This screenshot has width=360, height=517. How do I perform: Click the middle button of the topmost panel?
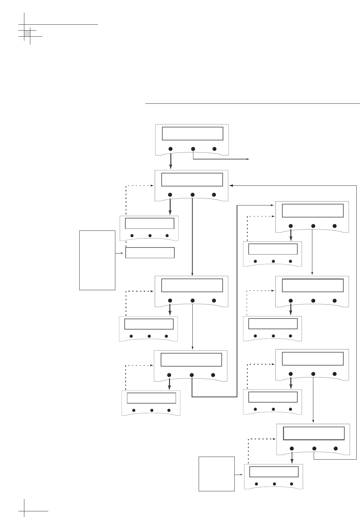[193, 149]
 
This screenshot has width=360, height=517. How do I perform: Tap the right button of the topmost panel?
[214, 149]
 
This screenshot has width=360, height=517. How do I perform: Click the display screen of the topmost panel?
[192, 133]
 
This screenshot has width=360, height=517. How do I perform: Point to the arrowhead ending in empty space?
[248, 159]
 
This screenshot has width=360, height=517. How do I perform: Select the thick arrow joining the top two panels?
[170, 162]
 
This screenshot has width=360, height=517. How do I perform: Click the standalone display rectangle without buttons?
[150, 253]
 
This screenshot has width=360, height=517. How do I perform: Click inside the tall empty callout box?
[97, 260]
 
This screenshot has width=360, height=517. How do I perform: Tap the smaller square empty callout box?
[217, 474]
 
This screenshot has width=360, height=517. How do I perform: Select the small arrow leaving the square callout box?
[239, 474]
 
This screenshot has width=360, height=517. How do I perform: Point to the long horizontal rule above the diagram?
[252, 104]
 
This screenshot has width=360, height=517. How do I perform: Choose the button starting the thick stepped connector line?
[192, 375]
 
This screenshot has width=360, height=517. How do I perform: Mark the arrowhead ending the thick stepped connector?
[272, 206]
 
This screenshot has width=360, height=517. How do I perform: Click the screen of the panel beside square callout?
[274, 472]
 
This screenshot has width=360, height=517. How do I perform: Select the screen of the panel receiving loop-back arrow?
[192, 179]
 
